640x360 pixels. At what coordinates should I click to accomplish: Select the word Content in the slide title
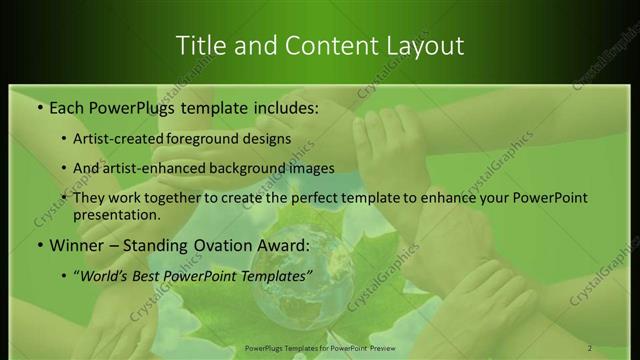point(320,46)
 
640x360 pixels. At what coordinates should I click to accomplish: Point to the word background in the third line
point(265,168)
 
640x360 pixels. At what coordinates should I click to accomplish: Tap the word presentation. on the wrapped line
point(116,214)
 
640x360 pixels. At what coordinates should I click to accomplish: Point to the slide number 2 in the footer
point(590,348)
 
